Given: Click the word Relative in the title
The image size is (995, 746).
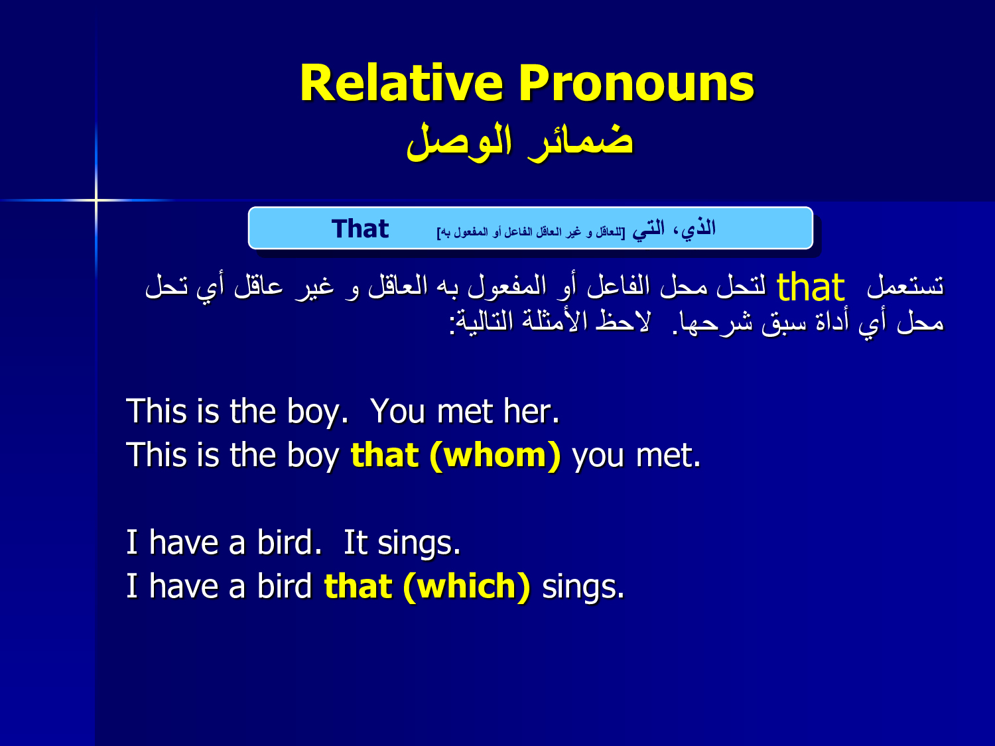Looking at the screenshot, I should (402, 84).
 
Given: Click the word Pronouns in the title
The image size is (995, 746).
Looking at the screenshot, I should (636, 84).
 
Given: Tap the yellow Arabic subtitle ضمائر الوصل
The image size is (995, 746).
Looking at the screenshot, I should (520, 141).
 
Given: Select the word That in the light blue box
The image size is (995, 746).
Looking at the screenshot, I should (360, 229).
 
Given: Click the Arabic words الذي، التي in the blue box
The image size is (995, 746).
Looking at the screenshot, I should (673, 229).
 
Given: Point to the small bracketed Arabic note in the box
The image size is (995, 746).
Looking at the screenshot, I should (531, 232).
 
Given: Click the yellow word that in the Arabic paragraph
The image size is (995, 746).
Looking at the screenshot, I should (810, 287).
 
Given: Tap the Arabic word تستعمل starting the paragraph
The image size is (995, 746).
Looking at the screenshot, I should (905, 286).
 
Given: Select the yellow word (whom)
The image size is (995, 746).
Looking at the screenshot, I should (495, 456).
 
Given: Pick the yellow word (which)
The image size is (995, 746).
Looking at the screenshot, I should (466, 587).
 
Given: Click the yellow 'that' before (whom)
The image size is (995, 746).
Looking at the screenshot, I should (385, 456).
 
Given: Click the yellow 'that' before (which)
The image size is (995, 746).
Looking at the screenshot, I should (358, 587).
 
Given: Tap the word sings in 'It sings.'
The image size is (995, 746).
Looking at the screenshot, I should (419, 544).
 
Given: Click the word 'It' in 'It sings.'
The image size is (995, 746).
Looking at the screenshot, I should (356, 542).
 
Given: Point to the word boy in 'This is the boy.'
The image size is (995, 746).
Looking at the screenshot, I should (316, 412).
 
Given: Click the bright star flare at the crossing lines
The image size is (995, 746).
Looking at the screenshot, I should (96, 200).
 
